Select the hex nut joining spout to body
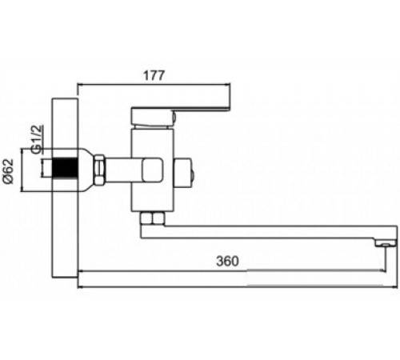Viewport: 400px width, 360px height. tap(152, 218)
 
